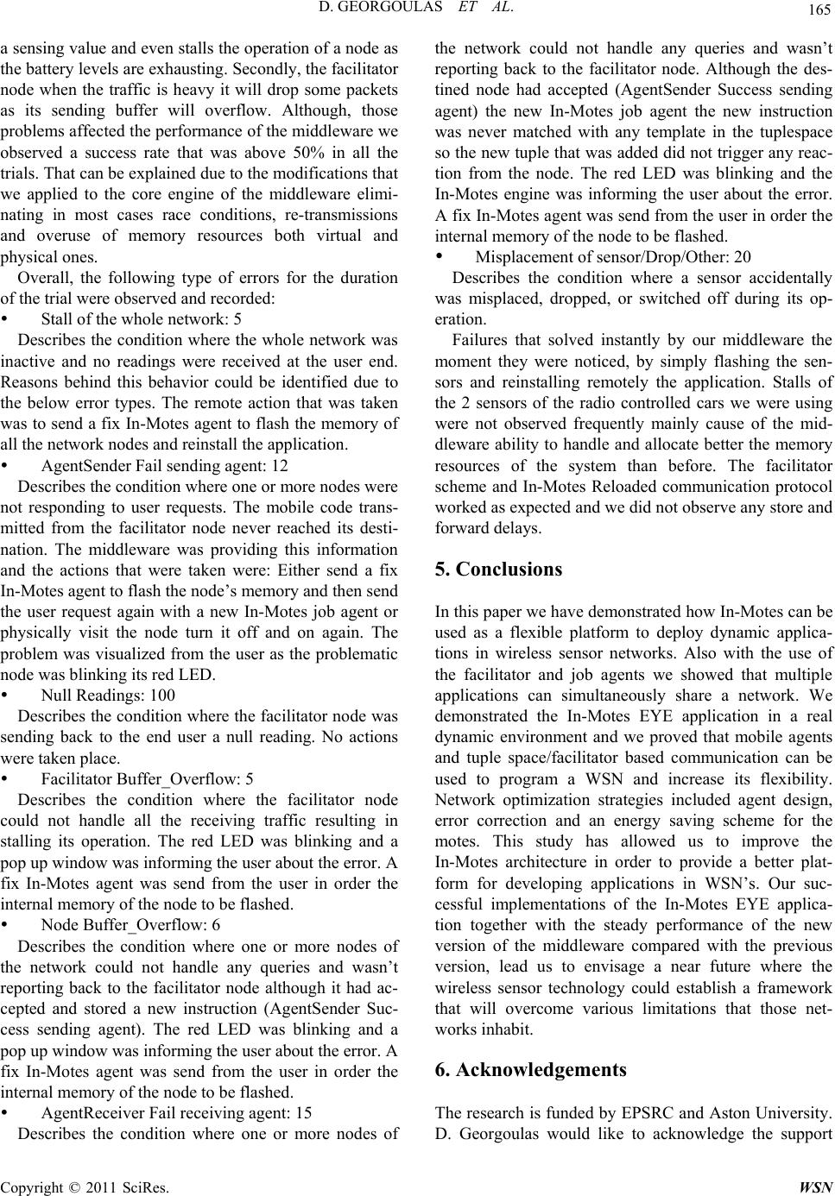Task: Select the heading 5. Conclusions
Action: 497,570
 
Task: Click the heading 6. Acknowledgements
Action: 531,1070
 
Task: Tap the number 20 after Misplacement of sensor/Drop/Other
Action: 743,256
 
